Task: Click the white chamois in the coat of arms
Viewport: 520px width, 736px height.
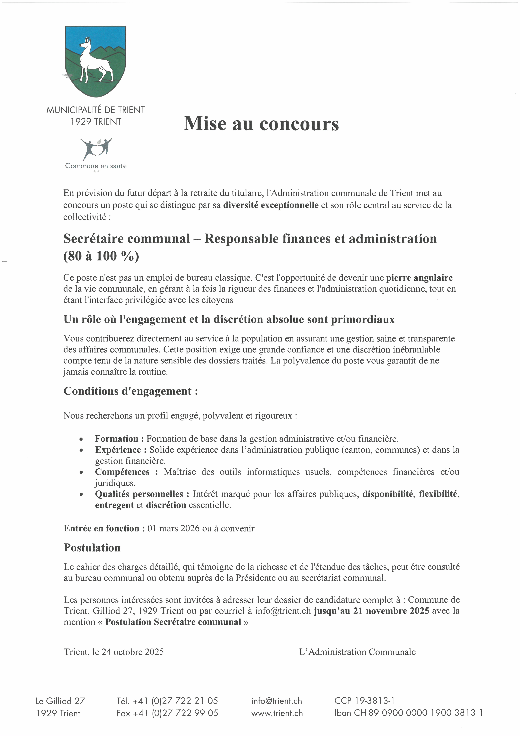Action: click(95, 61)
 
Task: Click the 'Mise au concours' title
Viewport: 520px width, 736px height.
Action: click(261, 124)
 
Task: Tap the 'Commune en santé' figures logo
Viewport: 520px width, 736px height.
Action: click(96, 149)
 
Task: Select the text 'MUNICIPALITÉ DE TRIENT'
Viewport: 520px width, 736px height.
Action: click(96, 110)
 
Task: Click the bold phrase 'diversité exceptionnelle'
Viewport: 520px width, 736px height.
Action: click(271, 205)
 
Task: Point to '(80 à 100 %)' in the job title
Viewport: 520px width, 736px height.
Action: click(101, 256)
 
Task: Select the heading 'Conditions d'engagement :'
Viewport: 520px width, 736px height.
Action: click(131, 391)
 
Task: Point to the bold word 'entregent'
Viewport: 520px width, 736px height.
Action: click(114, 505)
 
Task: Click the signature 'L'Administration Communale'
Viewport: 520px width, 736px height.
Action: click(357, 652)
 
